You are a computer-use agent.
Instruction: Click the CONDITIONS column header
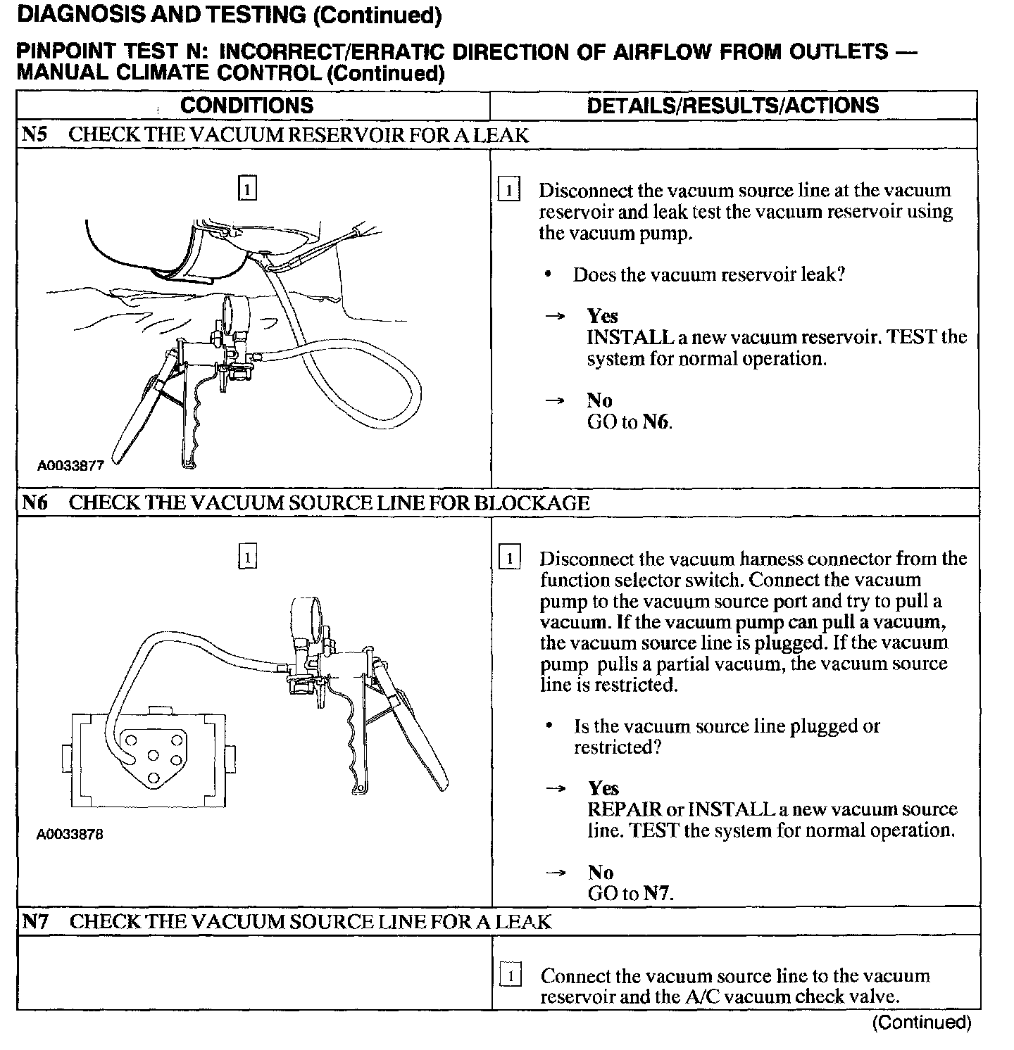click(246, 106)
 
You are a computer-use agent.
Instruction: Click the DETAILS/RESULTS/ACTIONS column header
click(732, 106)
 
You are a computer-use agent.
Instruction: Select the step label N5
click(35, 135)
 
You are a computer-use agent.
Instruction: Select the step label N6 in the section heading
click(35, 503)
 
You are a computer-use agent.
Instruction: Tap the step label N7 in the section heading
click(35, 921)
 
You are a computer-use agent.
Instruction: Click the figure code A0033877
click(70, 466)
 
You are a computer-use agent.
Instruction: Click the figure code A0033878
click(70, 835)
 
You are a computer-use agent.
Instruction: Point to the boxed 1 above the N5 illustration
click(247, 189)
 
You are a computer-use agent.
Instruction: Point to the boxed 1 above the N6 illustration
click(247, 557)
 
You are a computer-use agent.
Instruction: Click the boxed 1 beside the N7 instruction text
click(510, 976)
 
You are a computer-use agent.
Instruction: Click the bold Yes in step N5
click(602, 317)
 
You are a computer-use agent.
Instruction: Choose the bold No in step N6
click(601, 873)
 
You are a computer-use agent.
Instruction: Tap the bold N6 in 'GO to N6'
click(656, 422)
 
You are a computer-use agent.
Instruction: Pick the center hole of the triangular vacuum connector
click(152, 756)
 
